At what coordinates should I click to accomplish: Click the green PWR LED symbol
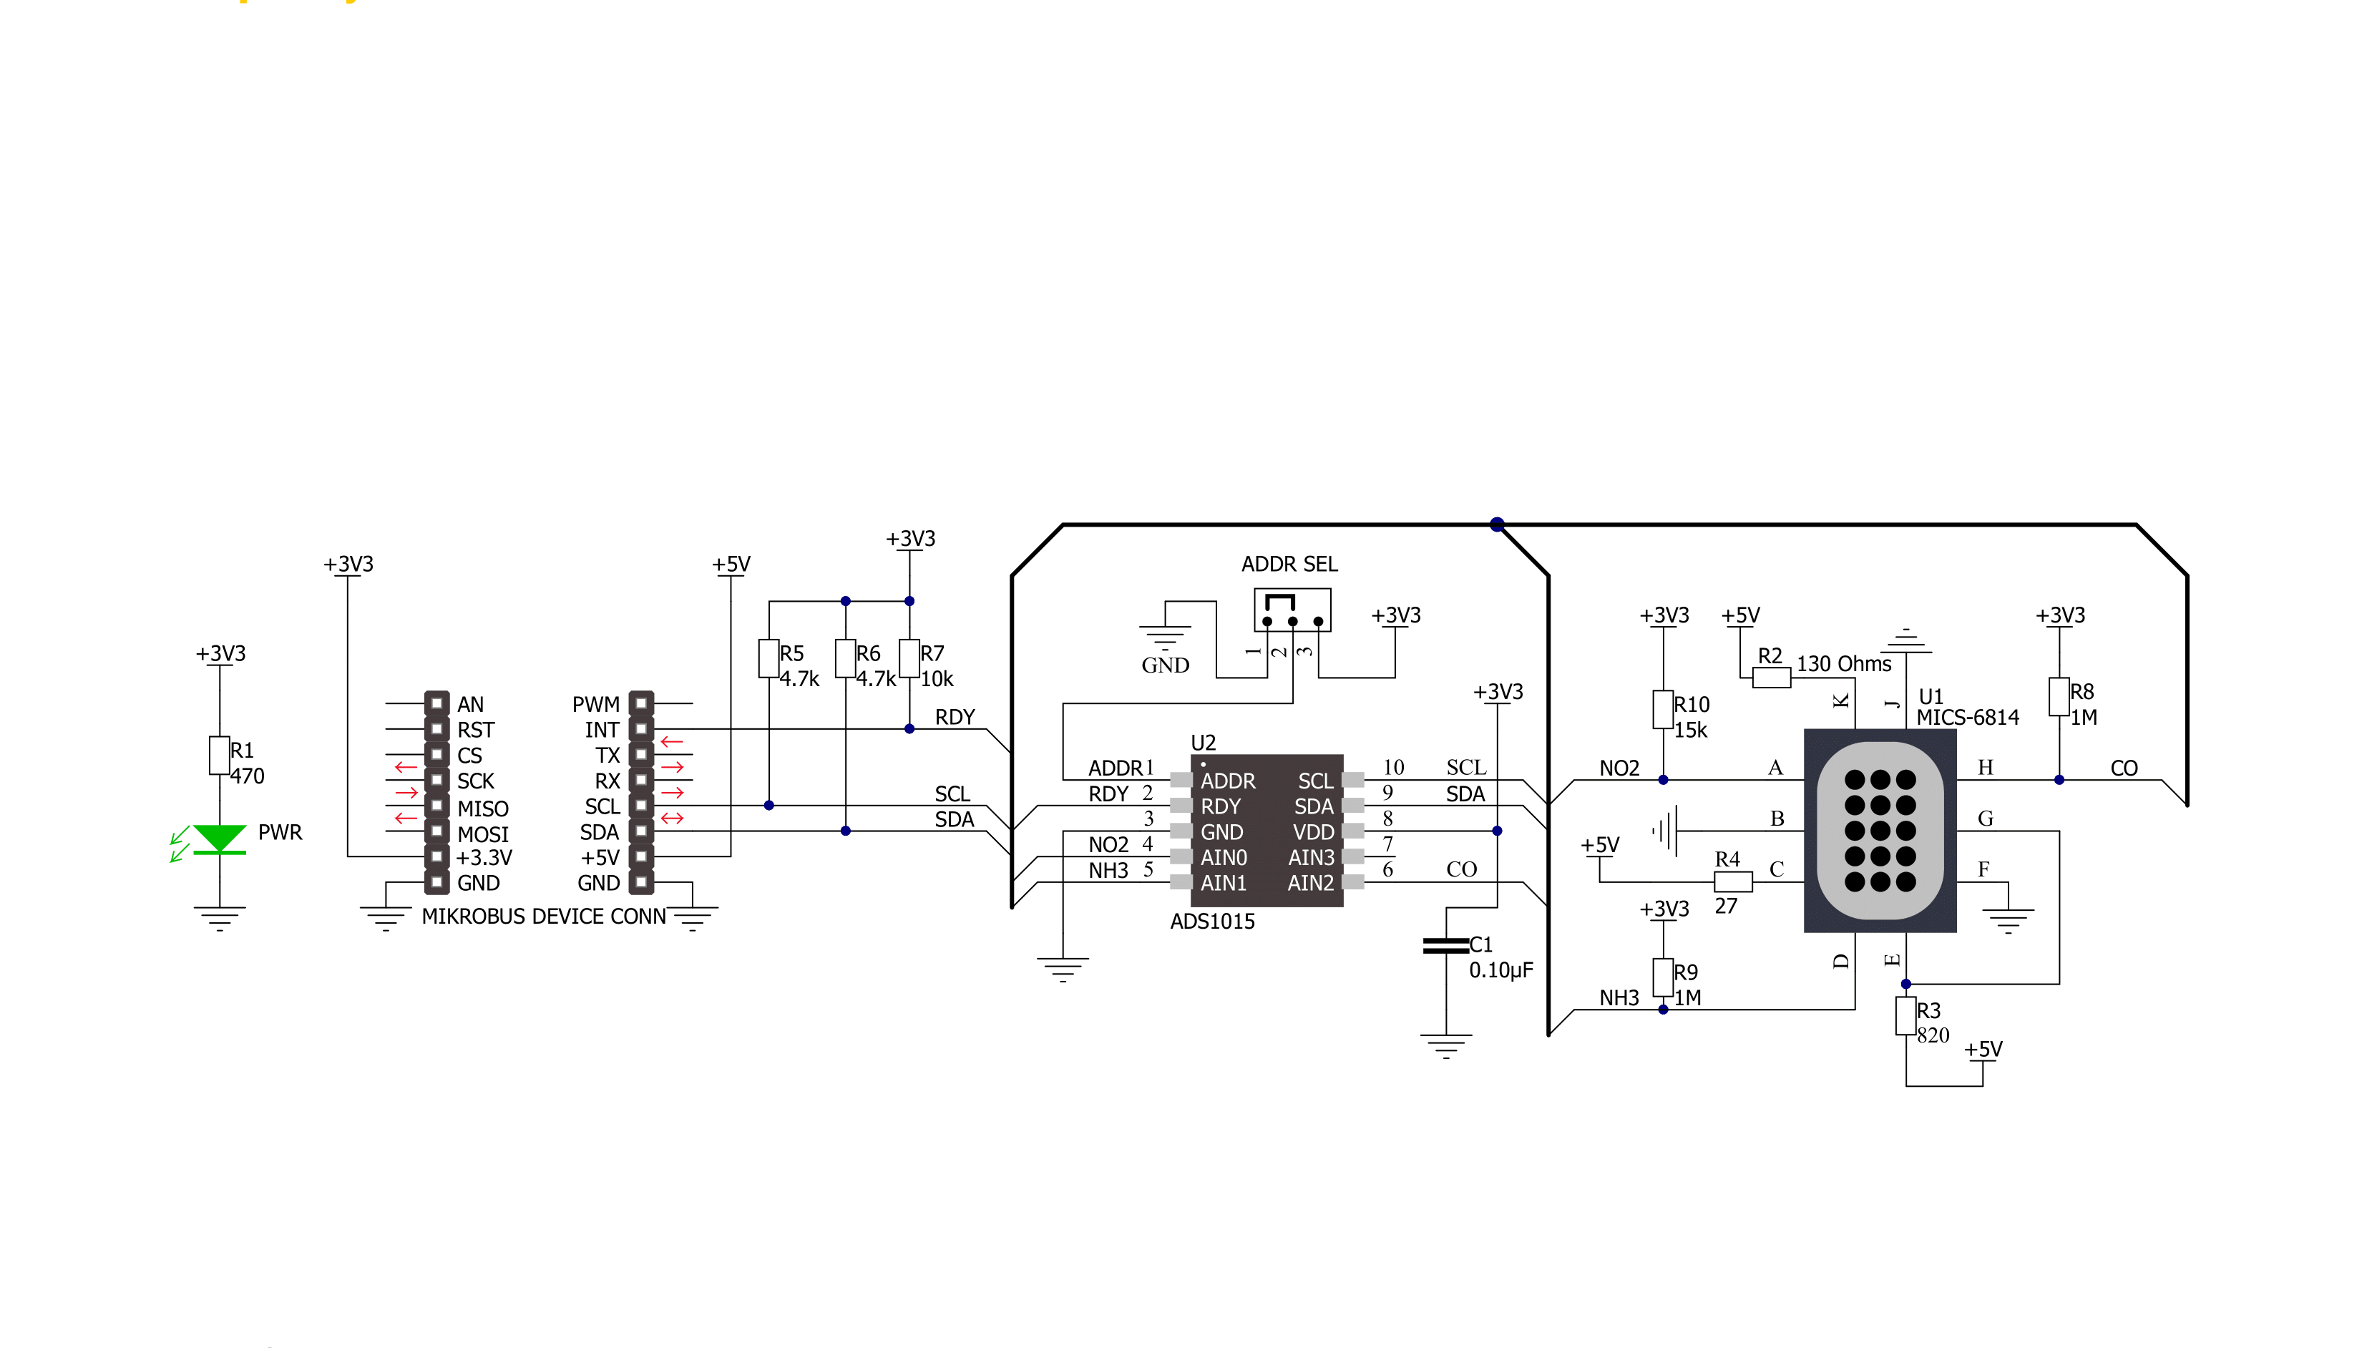[220, 839]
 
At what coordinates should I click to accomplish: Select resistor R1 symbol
[220, 755]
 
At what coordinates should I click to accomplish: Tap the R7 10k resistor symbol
[909, 658]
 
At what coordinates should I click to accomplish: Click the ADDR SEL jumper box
[1292, 610]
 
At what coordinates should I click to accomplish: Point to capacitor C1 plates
[1445, 945]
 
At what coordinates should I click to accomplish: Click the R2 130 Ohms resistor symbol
[1771, 678]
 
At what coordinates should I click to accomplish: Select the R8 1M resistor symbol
[2059, 696]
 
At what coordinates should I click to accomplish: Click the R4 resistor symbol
[1733, 881]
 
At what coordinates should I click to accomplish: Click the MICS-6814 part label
[1967, 718]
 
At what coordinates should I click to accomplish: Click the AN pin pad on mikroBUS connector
[437, 703]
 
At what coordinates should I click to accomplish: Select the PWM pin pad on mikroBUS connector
[640, 703]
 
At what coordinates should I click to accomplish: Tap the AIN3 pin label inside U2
[1311, 857]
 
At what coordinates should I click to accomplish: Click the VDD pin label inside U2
[1314, 832]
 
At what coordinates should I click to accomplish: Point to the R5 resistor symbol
[768, 658]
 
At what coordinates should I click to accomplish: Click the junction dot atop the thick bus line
[1497, 524]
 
